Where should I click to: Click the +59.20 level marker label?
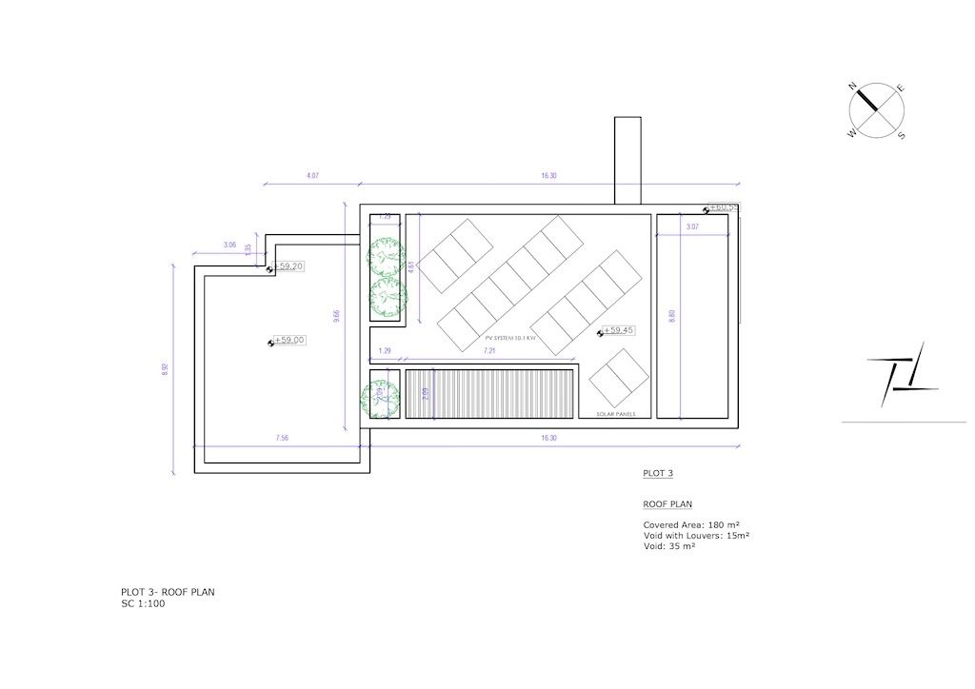tap(289, 267)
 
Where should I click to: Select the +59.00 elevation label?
tap(289, 340)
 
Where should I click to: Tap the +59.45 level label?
tap(619, 330)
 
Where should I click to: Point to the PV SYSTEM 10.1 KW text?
tap(511, 338)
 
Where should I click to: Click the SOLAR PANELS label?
tap(616, 415)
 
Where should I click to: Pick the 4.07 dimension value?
tap(312, 176)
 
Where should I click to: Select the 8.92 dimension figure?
tap(165, 370)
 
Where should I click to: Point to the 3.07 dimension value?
tap(692, 226)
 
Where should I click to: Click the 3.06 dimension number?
tap(229, 246)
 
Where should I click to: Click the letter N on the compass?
tap(853, 87)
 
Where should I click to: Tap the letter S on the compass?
tap(902, 136)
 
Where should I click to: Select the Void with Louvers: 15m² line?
tap(696, 536)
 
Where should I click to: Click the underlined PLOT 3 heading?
tap(658, 473)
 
